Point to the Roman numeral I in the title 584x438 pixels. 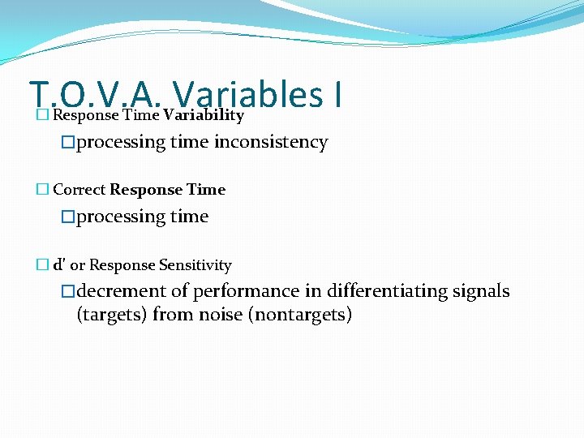point(336,94)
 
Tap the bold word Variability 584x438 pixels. point(203,115)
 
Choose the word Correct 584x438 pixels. point(79,190)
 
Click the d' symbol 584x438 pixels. point(59,265)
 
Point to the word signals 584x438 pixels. point(480,291)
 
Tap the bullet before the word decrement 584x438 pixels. point(69,291)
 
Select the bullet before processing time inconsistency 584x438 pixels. point(69,143)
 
